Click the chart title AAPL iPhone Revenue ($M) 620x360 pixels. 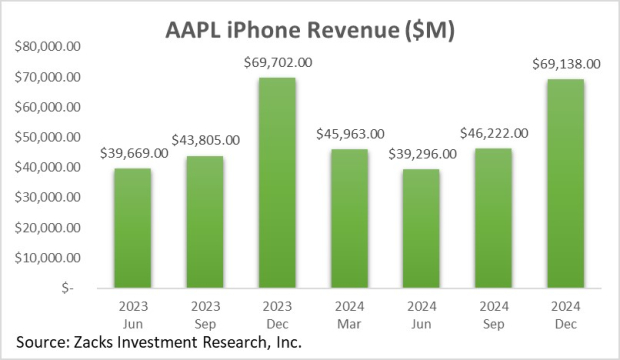309,32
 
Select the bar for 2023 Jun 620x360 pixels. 133,227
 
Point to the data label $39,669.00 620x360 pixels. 133,153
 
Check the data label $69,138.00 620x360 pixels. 562,64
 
